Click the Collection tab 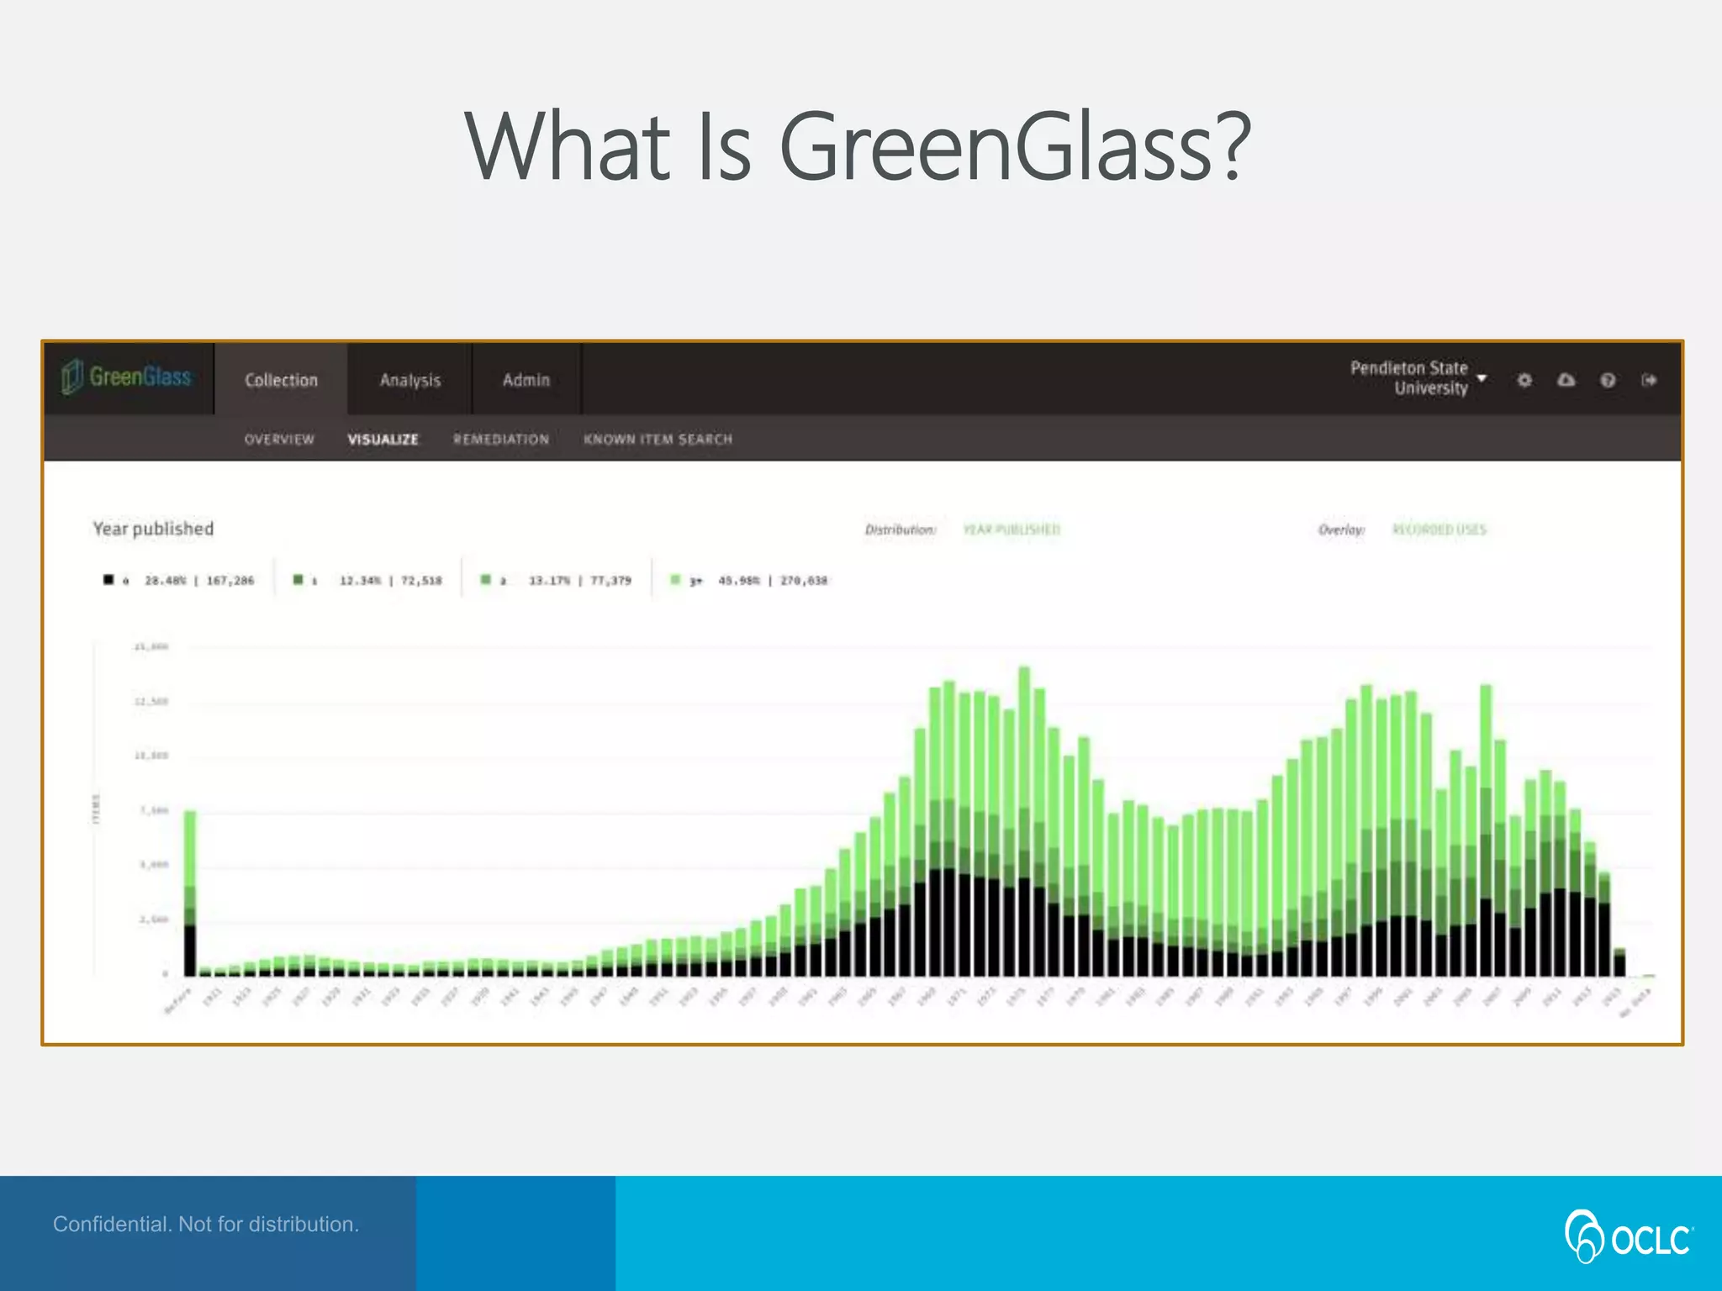click(281, 380)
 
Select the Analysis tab click(409, 380)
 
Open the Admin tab click(526, 380)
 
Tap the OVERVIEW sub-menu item click(279, 439)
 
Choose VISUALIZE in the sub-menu click(383, 439)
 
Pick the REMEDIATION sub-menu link click(501, 439)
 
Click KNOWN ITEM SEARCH click(658, 439)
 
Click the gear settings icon click(1524, 380)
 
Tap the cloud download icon click(1566, 380)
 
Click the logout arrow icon click(1649, 380)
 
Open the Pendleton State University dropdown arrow click(1482, 378)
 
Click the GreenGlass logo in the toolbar click(126, 377)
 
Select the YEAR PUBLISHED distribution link click(1012, 530)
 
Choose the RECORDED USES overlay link click(1439, 530)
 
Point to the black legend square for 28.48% click(108, 580)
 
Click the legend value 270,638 click(803, 581)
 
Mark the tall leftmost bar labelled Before click(190, 891)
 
